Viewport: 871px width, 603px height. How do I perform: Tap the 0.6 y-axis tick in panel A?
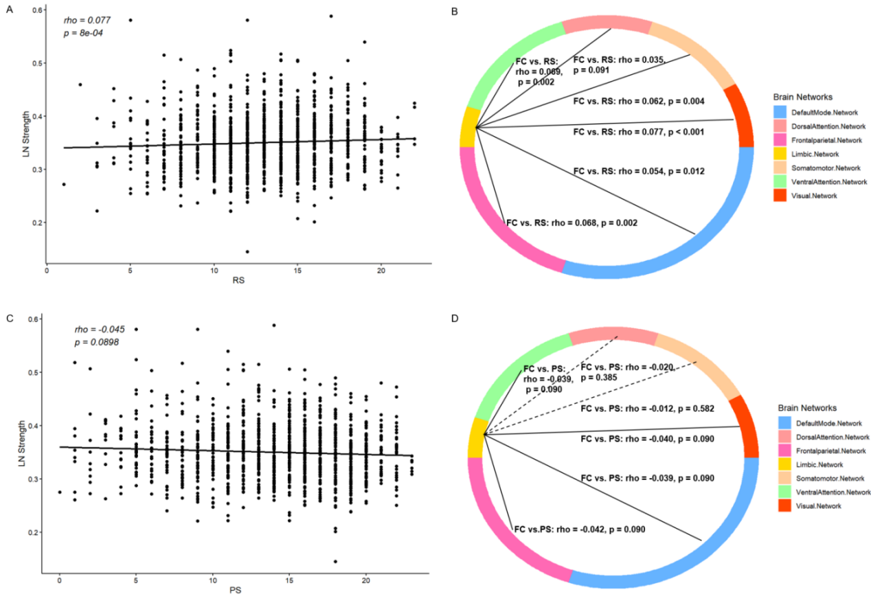32,10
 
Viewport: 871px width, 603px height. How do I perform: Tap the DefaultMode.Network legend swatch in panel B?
784,111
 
